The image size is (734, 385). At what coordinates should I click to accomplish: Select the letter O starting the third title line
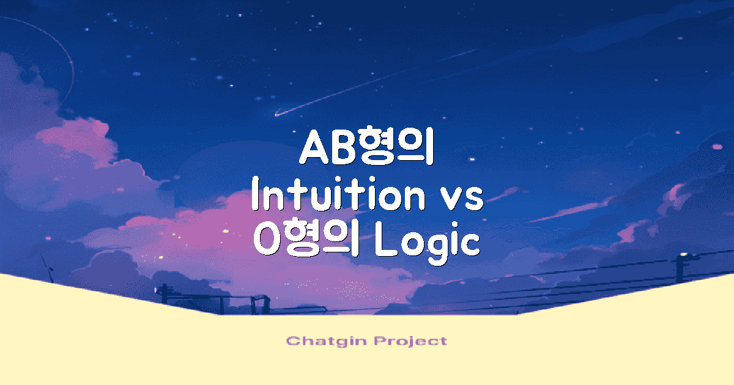[267, 242]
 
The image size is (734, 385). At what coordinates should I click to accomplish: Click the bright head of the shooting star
[277, 114]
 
